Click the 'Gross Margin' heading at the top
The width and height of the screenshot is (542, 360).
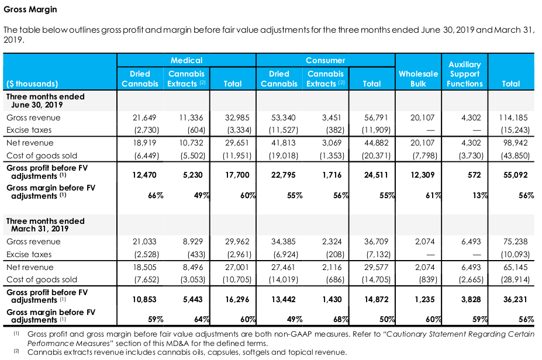click(30, 9)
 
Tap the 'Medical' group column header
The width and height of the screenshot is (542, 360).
click(187, 60)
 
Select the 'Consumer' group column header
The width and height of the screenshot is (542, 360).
click(325, 60)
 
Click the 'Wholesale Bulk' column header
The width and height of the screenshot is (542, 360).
click(418, 79)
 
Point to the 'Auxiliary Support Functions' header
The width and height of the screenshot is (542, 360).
click(465, 74)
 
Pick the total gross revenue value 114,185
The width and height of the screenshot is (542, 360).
click(513, 118)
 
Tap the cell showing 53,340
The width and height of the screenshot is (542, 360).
click(284, 118)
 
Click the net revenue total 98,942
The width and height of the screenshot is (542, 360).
click(515, 143)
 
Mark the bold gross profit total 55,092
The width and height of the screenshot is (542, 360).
click(515, 175)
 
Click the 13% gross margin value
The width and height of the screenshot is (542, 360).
click(481, 196)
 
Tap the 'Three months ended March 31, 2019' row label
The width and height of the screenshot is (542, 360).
click(45, 225)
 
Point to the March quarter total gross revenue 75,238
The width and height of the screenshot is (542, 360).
click(515, 242)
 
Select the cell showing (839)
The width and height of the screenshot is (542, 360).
click(428, 279)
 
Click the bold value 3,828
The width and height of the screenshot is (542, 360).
click(471, 300)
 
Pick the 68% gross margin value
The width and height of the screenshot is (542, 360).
click(341, 320)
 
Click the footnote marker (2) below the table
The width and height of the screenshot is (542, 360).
click(16, 351)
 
